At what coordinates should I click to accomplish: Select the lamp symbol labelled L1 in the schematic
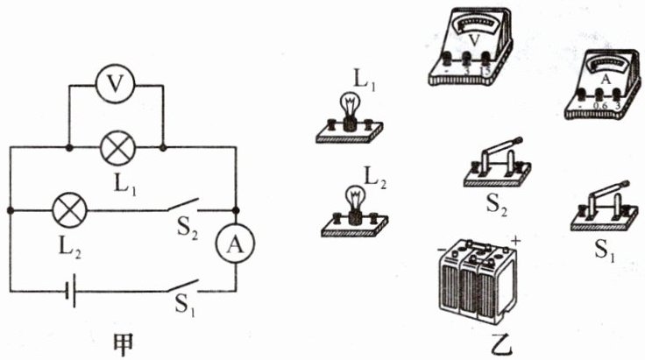pyautogui.click(x=117, y=147)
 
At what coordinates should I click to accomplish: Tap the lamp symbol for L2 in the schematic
pyautogui.click(x=67, y=210)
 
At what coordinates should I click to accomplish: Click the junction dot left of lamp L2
pyautogui.click(x=10, y=210)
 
